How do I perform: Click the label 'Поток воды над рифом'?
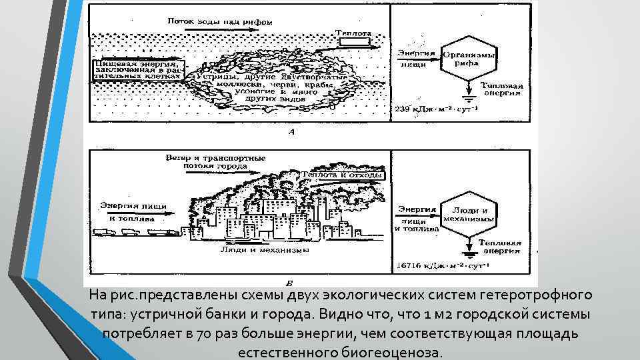tap(220, 21)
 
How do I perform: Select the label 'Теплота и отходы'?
tap(343, 175)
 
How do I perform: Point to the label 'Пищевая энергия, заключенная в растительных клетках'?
tap(137, 69)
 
